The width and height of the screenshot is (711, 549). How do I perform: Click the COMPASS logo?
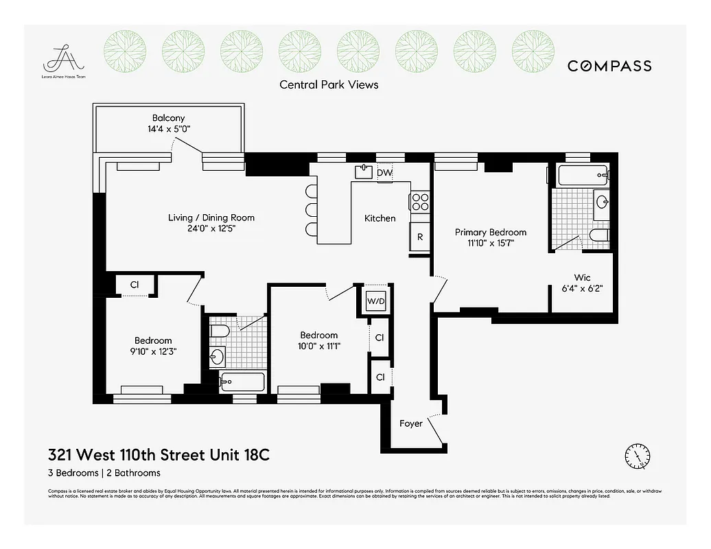[609, 66]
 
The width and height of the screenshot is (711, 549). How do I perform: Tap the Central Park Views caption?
[329, 84]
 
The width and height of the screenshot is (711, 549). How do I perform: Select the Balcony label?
[168, 118]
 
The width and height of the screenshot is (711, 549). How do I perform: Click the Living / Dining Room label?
[211, 218]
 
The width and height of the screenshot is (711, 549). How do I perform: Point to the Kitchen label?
[380, 218]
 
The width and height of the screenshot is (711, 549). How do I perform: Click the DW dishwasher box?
[385, 173]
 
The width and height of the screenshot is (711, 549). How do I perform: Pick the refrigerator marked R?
[420, 237]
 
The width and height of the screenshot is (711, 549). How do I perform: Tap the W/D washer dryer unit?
[375, 301]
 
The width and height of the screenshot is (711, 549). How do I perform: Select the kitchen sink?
[363, 172]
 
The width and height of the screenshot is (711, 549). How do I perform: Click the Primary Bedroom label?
[491, 232]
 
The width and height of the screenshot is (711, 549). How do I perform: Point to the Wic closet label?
[582, 277]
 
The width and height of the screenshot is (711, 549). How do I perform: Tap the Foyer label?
[411, 423]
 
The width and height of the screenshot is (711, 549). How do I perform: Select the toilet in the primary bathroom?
[599, 237]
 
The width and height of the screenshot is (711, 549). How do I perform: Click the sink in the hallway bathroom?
[218, 356]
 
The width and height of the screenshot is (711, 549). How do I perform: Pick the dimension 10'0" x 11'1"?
[318, 346]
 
